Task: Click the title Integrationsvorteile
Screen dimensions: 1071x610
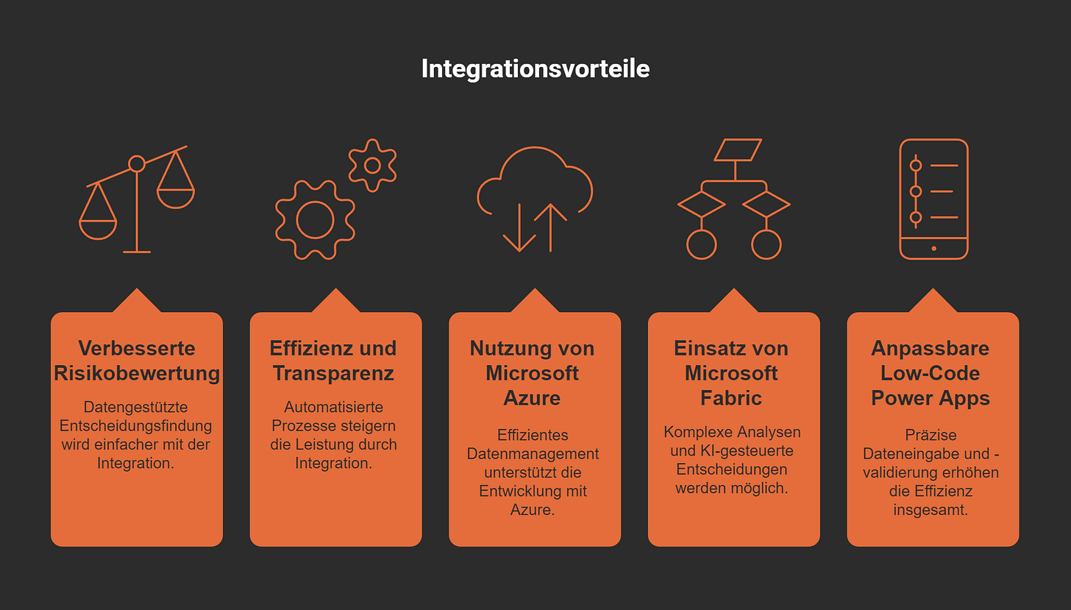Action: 535,69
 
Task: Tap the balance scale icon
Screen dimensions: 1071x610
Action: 137,199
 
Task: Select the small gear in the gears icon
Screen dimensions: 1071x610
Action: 372,165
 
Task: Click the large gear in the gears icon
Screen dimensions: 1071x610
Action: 315,219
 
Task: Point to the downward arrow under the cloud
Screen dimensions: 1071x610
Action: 519,228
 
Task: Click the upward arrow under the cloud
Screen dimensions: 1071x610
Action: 550,227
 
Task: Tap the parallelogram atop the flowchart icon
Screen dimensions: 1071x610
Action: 737,149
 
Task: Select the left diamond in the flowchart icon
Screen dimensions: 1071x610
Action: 701,204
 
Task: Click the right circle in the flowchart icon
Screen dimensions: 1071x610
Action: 766,244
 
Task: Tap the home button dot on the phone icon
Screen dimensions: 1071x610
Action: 933,248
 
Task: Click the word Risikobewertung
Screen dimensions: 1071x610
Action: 137,373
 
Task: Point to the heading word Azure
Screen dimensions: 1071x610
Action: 532,398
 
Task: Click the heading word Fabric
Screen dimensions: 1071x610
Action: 731,398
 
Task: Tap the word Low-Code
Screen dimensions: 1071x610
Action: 930,373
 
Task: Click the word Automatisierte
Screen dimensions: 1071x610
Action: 334,407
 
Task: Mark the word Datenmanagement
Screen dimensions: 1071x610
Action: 533,453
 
